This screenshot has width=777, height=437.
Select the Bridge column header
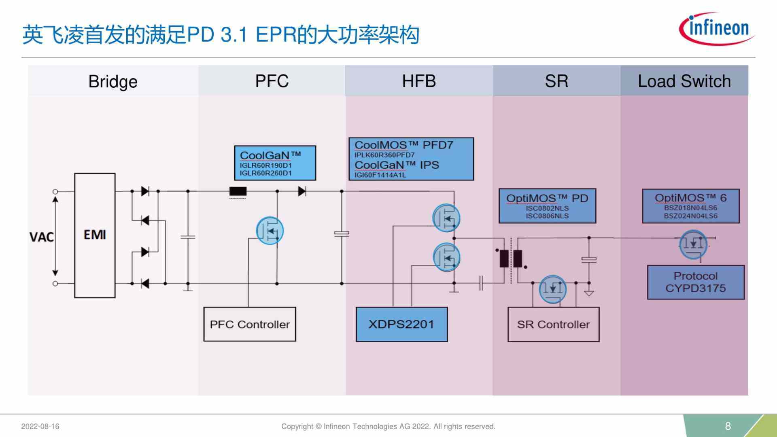coord(113,81)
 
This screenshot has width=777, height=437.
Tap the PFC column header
coord(272,81)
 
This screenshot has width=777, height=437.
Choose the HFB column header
coord(419,81)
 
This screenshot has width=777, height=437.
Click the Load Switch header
coord(684,81)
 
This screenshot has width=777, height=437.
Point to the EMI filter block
coord(95,235)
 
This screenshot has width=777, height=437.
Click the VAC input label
coord(41,237)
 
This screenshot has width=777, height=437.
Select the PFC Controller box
coord(250,324)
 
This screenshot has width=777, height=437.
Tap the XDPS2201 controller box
coord(401,324)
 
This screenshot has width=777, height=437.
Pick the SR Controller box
coord(553,324)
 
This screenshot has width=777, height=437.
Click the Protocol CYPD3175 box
coord(695,282)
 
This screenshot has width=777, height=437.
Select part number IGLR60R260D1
coord(265,173)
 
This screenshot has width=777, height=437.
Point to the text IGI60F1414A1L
coord(380,175)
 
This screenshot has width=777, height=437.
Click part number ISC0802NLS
coord(547,208)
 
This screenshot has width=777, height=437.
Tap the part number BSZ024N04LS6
coord(690,216)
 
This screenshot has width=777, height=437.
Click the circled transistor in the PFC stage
coord(270,231)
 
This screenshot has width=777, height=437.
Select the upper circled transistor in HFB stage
coord(446,218)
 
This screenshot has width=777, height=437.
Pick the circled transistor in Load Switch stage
coord(693,244)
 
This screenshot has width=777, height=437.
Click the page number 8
coord(728,426)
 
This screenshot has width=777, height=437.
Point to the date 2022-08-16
coord(40,426)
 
